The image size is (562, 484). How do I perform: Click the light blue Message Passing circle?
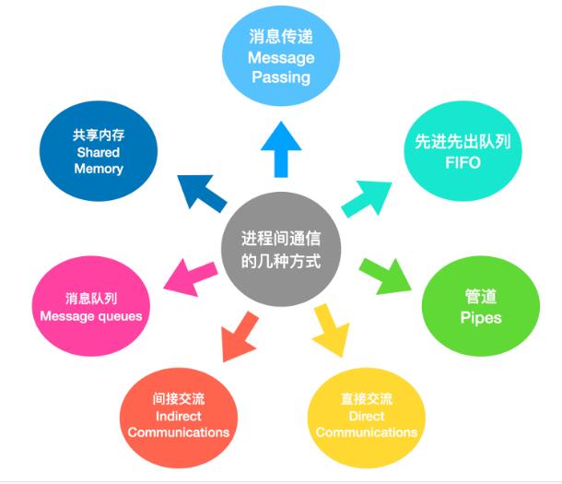[281, 57]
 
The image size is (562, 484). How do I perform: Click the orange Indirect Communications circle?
[179, 416]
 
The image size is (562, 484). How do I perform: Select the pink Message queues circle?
[90, 308]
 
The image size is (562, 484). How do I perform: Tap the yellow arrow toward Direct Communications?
[330, 330]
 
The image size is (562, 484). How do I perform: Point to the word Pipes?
[480, 318]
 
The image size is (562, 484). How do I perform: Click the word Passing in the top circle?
[281, 77]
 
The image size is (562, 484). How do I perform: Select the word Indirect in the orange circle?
[179, 417]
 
